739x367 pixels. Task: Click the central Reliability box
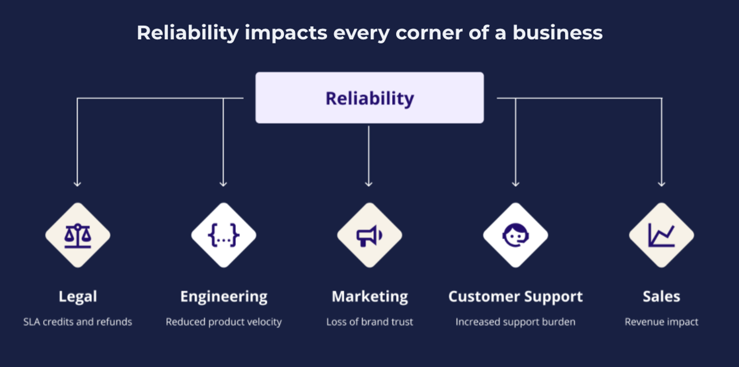coord(369,97)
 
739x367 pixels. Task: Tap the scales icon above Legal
coord(78,235)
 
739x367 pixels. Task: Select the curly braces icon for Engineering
coord(224,235)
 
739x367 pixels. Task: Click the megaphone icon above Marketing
coord(369,236)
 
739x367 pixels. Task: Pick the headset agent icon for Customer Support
coord(516,235)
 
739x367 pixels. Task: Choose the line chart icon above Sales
coord(661,235)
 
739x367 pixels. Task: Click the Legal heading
coord(78,296)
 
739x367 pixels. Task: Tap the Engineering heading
coord(224,297)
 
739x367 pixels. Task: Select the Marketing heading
coord(369,297)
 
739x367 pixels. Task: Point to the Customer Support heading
coord(516,297)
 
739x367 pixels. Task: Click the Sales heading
coord(661,296)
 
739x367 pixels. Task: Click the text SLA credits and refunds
coord(78,322)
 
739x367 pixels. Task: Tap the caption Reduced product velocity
coord(224,322)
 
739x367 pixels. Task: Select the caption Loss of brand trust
coord(369,322)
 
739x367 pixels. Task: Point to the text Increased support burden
coord(515,322)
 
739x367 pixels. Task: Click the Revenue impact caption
coord(661,322)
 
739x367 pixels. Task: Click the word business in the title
coord(557,33)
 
